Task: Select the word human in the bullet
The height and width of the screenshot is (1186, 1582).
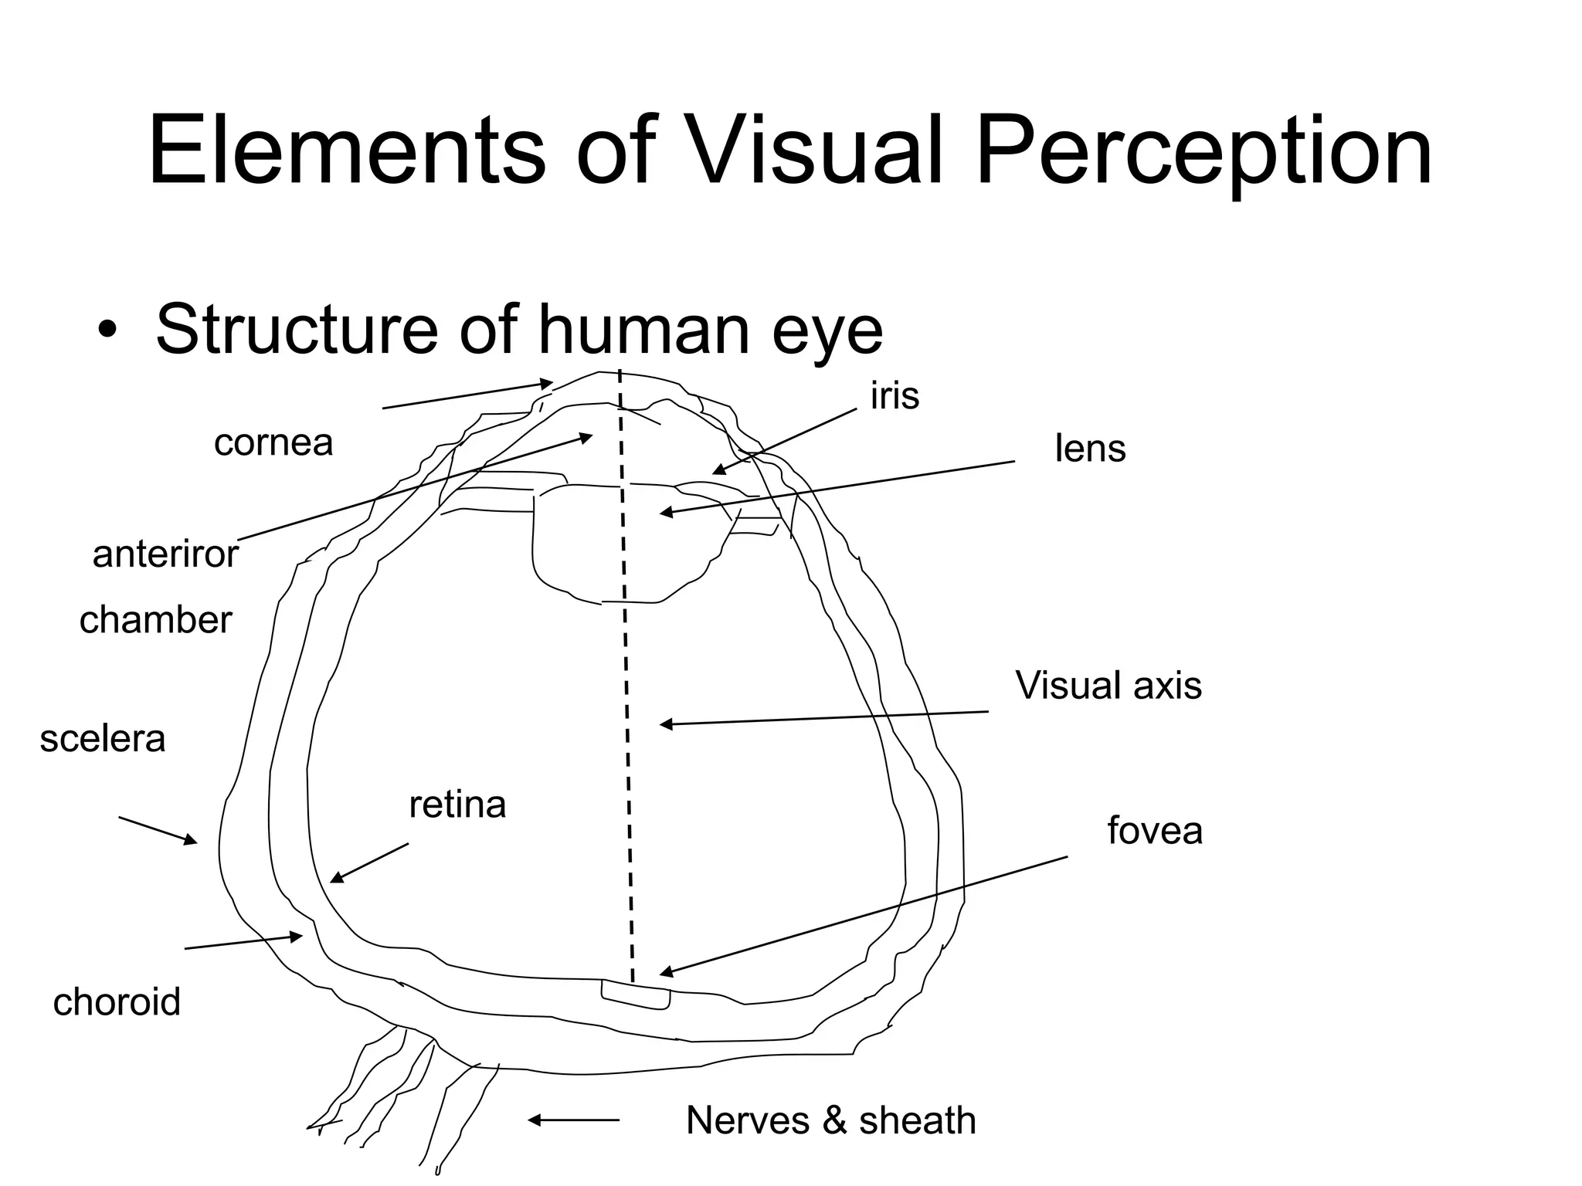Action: tap(646, 330)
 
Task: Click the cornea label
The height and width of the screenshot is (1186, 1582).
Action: tap(273, 443)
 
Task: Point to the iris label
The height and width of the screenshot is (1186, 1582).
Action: tap(895, 395)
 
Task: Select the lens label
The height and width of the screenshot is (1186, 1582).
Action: tap(1090, 449)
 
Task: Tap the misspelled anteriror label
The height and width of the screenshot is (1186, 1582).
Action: tap(165, 554)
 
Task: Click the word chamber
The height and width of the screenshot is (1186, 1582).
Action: tap(155, 620)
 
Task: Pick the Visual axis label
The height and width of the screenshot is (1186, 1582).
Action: tap(1108, 685)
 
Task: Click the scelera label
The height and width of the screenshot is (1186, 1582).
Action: tap(103, 739)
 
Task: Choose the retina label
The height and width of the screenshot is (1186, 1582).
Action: tap(457, 805)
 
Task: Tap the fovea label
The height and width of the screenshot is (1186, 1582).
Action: tap(1154, 831)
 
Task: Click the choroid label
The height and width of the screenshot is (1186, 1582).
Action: tap(117, 1002)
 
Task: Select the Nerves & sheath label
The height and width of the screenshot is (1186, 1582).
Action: tap(830, 1120)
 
